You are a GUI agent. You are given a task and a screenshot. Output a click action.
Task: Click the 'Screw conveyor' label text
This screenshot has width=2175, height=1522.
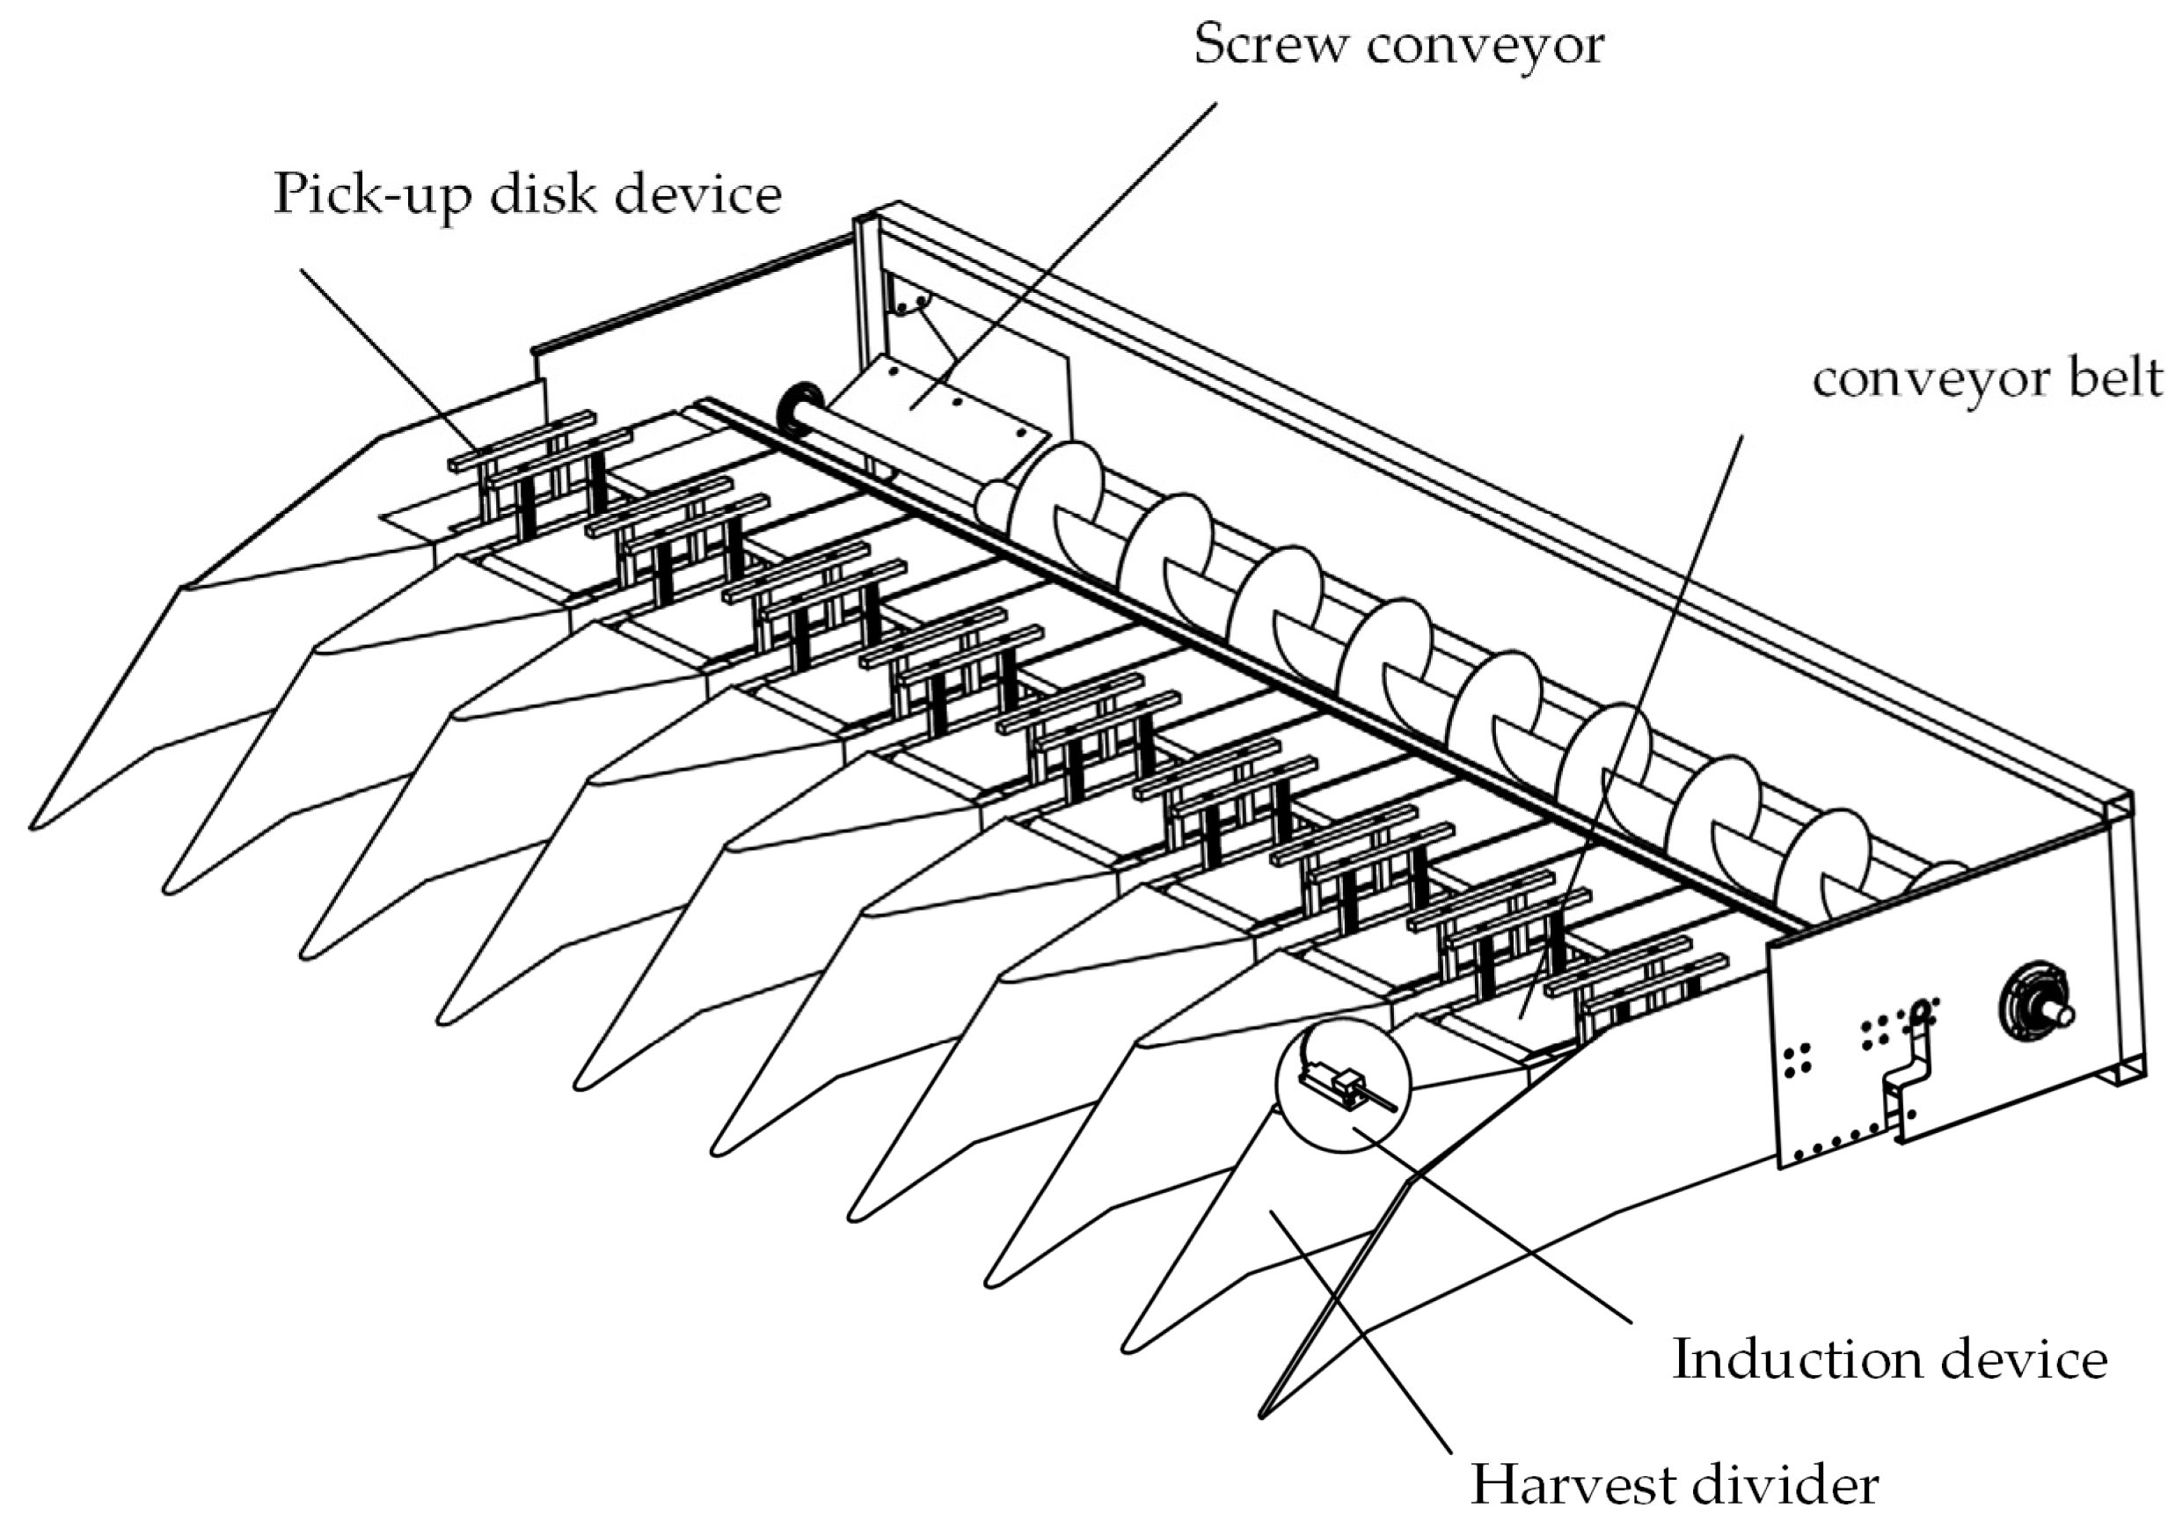[x=1398, y=46]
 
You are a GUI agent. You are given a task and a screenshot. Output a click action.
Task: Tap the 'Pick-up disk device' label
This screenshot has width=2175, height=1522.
[x=527, y=195]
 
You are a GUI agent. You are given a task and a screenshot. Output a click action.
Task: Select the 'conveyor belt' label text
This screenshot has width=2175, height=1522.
[x=1988, y=379]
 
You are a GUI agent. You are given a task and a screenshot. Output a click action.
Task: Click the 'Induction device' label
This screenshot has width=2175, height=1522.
[x=1889, y=1359]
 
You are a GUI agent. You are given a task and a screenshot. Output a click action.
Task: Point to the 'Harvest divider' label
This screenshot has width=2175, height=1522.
[x=1674, y=1484]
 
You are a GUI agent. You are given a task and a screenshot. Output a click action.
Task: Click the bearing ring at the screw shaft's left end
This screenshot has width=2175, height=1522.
[x=796, y=408]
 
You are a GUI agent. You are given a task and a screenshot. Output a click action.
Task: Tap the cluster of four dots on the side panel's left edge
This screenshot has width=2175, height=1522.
[x=1797, y=1059]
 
